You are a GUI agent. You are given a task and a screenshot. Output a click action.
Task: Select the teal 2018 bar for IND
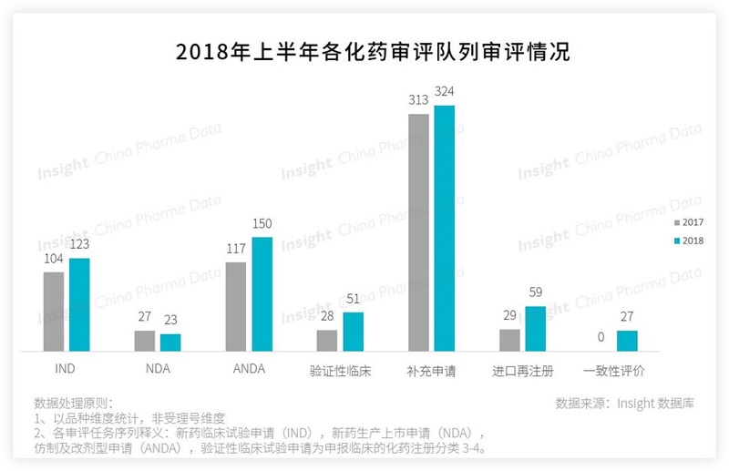(79, 305)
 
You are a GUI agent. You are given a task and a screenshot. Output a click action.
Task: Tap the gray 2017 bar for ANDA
(236, 307)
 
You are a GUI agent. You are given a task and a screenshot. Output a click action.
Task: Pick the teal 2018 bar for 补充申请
(444, 228)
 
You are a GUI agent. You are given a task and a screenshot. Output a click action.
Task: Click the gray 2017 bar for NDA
(145, 341)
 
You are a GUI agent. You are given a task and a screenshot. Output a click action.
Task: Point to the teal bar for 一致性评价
(626, 341)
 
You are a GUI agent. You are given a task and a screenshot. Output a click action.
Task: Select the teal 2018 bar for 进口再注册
(535, 329)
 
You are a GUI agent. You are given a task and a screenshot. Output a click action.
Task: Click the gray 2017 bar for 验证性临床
(327, 341)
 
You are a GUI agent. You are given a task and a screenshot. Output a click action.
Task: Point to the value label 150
(262, 223)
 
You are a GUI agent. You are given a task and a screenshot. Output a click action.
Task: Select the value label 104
(54, 260)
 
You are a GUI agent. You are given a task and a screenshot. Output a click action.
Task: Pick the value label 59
(535, 293)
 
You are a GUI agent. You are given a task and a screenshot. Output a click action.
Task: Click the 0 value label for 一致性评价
(601, 337)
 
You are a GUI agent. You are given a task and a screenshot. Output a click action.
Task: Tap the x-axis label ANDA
(249, 369)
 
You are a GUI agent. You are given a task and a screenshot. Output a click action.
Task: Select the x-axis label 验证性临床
(340, 371)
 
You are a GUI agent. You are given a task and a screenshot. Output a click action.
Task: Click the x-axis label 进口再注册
(522, 371)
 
